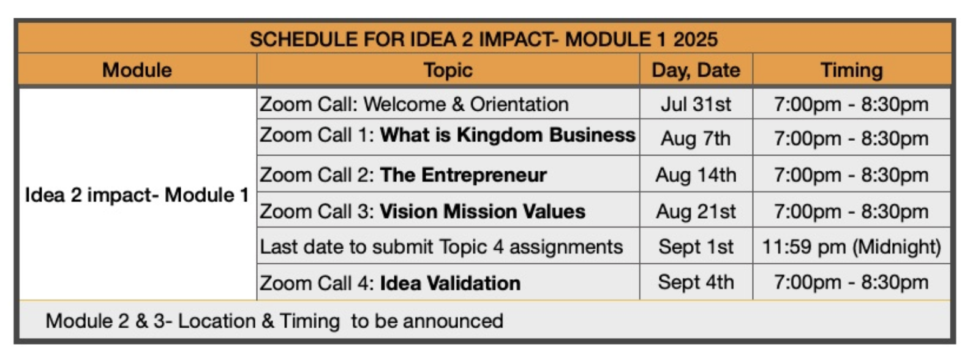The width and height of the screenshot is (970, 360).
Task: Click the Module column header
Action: coord(137,70)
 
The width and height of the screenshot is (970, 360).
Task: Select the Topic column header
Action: coord(448,70)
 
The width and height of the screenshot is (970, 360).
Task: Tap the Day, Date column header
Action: coord(696,70)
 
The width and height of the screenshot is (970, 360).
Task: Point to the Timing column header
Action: coord(851,70)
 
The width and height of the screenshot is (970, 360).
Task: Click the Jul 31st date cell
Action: coord(696,104)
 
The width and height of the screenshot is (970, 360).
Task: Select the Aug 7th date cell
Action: coord(696,138)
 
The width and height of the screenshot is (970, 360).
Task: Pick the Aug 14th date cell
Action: coord(696,175)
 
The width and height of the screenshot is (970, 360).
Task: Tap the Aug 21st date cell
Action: coord(696,211)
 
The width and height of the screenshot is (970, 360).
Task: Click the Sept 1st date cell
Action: coord(696,247)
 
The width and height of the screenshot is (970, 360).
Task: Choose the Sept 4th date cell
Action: coord(696,282)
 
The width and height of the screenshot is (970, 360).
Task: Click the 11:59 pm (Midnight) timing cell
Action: coord(851,247)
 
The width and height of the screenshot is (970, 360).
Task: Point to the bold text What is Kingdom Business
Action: coord(508,135)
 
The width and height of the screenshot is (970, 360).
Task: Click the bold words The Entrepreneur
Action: coord(464,175)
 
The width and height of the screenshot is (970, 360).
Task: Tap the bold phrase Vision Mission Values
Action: coord(483,211)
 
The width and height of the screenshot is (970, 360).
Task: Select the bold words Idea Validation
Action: coord(450,283)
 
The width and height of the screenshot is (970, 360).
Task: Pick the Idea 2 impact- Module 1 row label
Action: coord(137,195)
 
